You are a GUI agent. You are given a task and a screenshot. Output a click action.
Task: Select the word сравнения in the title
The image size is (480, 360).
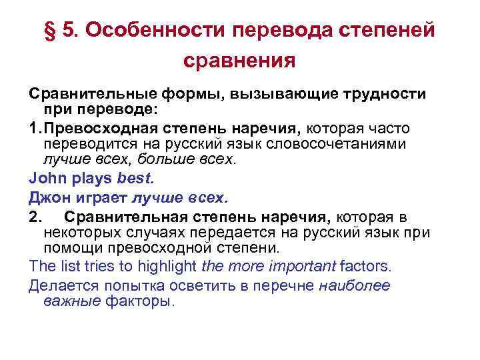coord(239,62)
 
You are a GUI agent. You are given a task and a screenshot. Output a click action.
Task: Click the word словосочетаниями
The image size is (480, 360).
coord(353,144)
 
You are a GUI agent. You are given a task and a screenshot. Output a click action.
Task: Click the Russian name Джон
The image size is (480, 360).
coord(46,197)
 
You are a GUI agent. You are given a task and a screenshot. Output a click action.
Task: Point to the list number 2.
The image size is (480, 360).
coord(35,216)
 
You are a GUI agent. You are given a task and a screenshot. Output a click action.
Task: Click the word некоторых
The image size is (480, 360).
coord(80,233)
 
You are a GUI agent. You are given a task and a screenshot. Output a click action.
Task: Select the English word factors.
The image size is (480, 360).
coord(366,266)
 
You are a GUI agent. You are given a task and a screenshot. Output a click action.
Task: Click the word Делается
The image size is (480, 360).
coord(59,285)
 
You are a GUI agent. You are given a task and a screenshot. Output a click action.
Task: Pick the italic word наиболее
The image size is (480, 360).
coord(355,285)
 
